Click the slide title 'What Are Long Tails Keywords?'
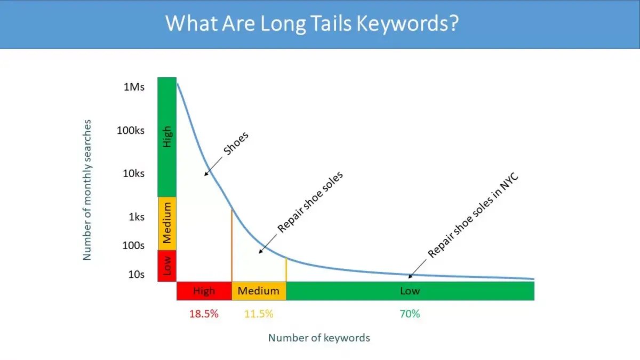(x=311, y=24)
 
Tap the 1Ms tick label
(x=134, y=86)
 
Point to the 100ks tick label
(x=131, y=130)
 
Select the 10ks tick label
(x=133, y=173)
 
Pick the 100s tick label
(x=133, y=245)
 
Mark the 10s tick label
(x=136, y=274)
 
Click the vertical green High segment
(x=167, y=137)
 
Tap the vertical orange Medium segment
(x=167, y=223)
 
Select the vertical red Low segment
(x=167, y=266)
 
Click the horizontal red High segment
(x=204, y=291)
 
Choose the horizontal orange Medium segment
(x=259, y=291)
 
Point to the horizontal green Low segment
(x=410, y=291)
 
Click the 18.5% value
(x=204, y=314)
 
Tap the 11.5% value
(x=259, y=314)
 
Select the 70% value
(x=410, y=314)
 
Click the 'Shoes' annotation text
(x=236, y=143)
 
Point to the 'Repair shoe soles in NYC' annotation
(x=474, y=215)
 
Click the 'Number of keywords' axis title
(x=319, y=338)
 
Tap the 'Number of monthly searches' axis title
(x=87, y=190)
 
